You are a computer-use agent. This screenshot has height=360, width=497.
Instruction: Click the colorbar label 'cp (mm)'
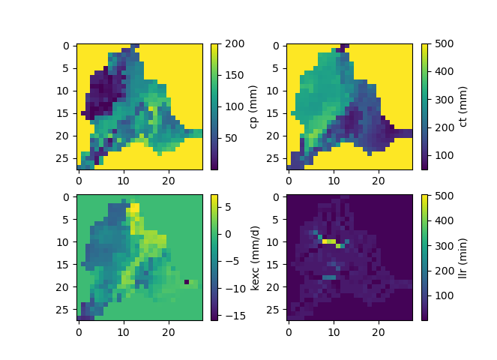(253, 106)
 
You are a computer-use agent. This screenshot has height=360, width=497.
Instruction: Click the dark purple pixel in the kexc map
(187, 282)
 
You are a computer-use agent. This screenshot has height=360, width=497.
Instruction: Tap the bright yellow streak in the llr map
(328, 241)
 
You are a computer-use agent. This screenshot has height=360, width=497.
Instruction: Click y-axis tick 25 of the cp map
(67, 157)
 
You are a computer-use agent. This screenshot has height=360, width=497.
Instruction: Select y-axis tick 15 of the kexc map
(67, 264)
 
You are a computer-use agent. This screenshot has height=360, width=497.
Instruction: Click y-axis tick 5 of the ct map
(277, 68)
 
